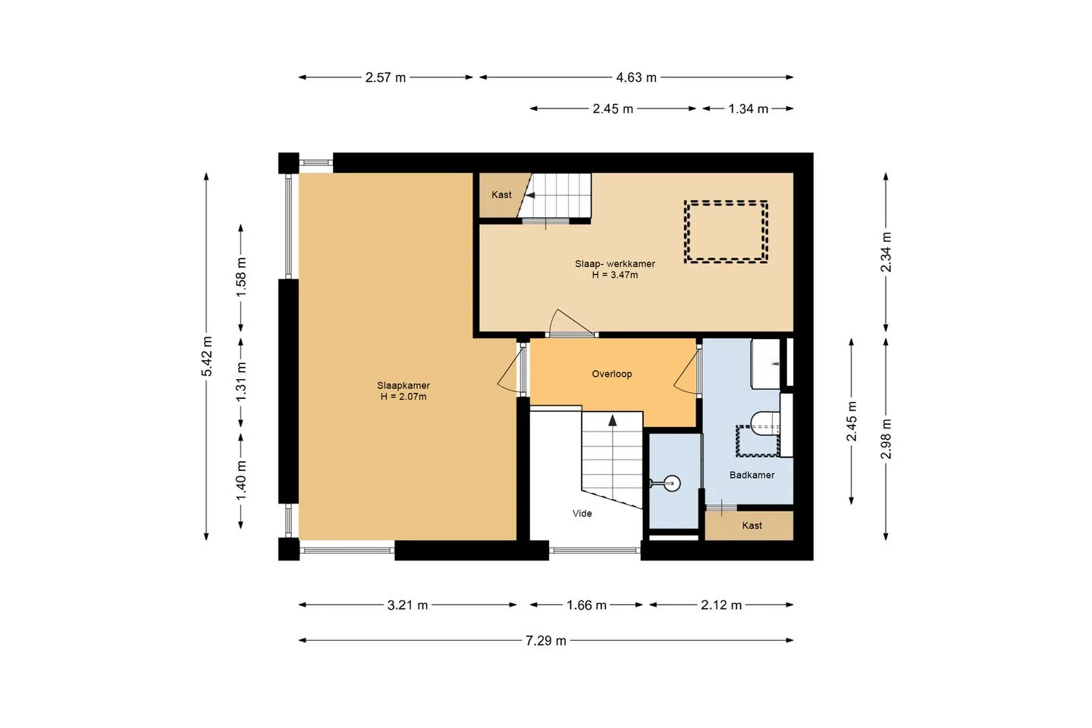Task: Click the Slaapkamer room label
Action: [x=403, y=385]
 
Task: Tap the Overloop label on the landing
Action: [x=612, y=374]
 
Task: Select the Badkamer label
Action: [x=752, y=475]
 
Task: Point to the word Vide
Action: [x=582, y=513]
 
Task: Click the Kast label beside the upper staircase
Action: [x=501, y=195]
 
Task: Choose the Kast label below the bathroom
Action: [x=752, y=526]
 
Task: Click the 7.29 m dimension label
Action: [x=546, y=641]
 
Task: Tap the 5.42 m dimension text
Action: [x=207, y=356]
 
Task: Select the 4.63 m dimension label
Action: [x=636, y=77]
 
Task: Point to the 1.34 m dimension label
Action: [x=748, y=108]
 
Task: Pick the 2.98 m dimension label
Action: [x=886, y=439]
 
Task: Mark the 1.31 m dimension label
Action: [x=241, y=381]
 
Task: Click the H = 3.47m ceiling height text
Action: [x=615, y=275]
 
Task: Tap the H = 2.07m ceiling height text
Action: [x=403, y=397]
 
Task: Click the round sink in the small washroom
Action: [x=672, y=484]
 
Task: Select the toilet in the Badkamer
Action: [x=765, y=424]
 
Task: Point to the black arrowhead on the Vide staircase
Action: [x=612, y=420]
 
